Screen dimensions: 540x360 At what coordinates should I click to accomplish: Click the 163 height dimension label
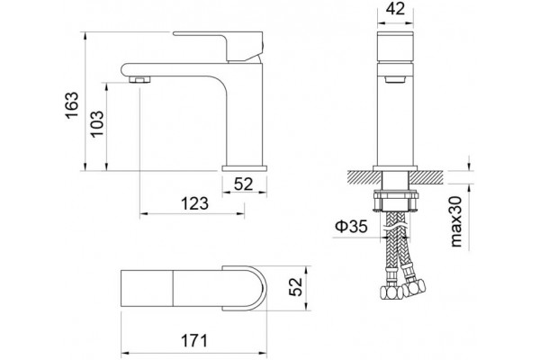tap(72, 105)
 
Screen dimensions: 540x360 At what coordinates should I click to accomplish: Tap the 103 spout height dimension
tap(97, 123)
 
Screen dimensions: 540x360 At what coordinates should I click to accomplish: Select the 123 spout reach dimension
tap(195, 203)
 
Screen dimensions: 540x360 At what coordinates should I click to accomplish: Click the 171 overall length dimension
tap(194, 341)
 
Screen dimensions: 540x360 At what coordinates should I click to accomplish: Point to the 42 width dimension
tap(395, 9)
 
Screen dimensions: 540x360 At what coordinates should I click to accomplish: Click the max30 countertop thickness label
tap(456, 221)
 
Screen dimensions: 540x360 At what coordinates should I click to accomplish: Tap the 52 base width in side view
tap(244, 184)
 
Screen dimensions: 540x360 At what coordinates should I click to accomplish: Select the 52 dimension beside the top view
tap(295, 286)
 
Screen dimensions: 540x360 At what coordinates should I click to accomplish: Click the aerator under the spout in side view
tap(139, 79)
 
